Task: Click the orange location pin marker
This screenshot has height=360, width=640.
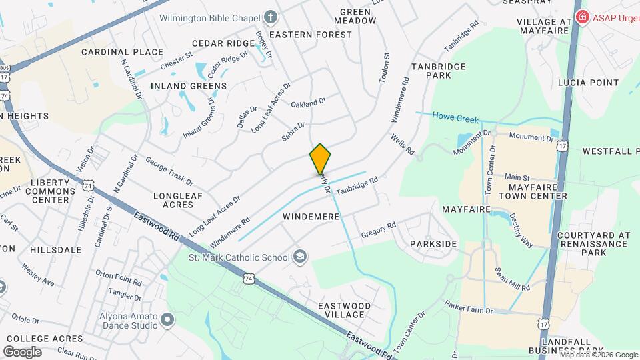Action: click(320, 159)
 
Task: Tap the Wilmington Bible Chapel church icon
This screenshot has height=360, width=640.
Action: click(270, 17)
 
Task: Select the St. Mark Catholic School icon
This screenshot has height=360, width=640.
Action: click(301, 257)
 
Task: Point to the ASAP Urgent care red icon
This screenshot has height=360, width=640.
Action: click(582, 17)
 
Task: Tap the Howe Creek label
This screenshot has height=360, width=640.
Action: click(455, 119)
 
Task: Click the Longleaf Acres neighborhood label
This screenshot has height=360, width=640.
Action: click(173, 200)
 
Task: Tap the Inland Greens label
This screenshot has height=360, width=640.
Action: click(189, 86)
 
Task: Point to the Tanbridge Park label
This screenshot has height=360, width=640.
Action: click(441, 71)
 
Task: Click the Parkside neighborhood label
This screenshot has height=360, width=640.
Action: click(433, 244)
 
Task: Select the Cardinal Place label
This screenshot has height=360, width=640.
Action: click(122, 52)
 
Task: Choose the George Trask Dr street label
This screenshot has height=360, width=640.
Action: click(169, 171)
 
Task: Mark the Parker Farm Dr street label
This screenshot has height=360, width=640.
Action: click(469, 311)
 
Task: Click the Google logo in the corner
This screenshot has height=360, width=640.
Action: click(22, 351)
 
